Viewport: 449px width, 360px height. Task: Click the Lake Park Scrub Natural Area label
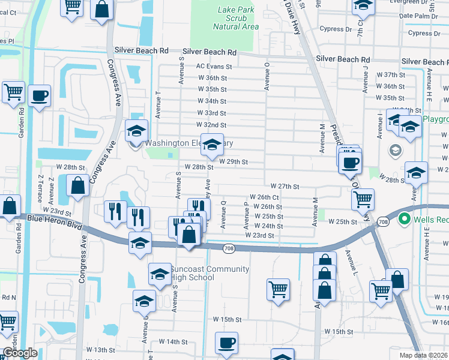click(x=236, y=18)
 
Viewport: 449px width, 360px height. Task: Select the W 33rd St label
click(x=211, y=113)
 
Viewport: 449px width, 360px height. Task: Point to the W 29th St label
click(x=233, y=162)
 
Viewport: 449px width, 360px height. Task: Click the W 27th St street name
click(x=285, y=187)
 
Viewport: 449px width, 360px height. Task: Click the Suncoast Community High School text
click(x=201, y=273)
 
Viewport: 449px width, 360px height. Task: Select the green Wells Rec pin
click(x=404, y=220)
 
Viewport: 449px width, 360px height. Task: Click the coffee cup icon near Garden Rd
click(x=40, y=96)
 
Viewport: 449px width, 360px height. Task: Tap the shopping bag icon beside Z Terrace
click(x=78, y=186)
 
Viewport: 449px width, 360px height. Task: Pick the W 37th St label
click(x=391, y=74)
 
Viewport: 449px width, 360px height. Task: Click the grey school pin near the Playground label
click(x=396, y=149)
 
